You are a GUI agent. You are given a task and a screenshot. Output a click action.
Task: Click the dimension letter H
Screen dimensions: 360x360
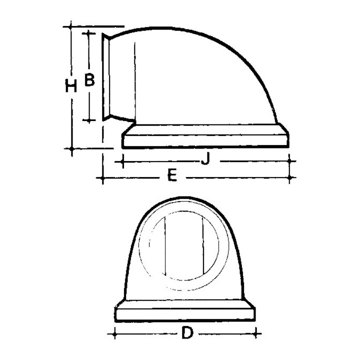pyautogui.click(x=71, y=85)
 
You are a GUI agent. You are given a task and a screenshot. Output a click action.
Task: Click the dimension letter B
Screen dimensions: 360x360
pyautogui.click(x=89, y=79)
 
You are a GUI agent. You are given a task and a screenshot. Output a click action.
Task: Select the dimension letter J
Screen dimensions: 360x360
pyautogui.click(x=205, y=158)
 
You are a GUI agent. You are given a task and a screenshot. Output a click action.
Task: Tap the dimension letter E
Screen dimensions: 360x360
pyautogui.click(x=172, y=175)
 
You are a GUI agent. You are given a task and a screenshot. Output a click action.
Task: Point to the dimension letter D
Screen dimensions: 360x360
pyautogui.click(x=187, y=333)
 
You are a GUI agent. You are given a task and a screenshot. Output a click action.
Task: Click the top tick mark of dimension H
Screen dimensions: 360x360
pyautogui.click(x=71, y=26)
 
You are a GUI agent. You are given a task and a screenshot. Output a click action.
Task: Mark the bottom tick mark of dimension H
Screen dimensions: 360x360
pyautogui.click(x=71, y=148)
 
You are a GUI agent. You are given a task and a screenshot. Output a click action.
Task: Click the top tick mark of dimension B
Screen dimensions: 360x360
pyautogui.click(x=88, y=33)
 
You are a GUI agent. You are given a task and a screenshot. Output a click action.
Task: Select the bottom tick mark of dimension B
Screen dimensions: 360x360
pyautogui.click(x=89, y=120)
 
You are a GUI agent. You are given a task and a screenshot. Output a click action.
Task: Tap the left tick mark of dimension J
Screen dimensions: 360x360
pyautogui.click(x=123, y=161)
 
